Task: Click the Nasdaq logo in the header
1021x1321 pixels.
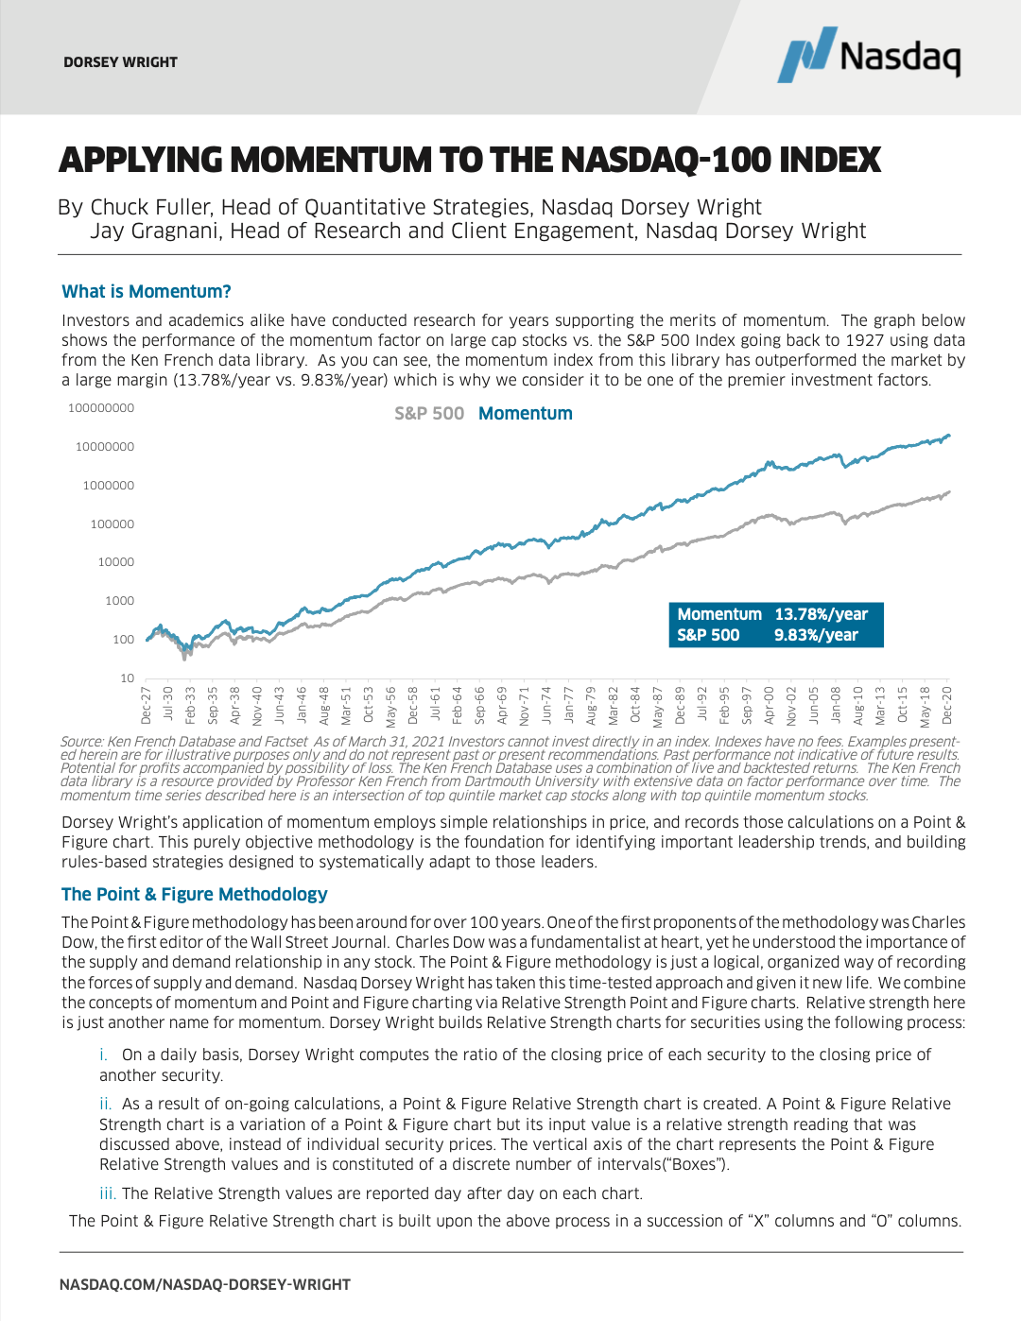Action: [x=868, y=55]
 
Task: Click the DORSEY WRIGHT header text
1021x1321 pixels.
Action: [x=120, y=62]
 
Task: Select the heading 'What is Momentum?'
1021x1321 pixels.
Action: [x=147, y=292]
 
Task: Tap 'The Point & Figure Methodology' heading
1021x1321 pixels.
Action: [x=194, y=895]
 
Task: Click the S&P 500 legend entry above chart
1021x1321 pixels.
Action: [x=429, y=414]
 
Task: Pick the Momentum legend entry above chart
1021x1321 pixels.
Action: [x=526, y=414]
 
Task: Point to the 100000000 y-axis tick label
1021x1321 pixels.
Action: [x=101, y=408]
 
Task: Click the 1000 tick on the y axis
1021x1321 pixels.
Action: [x=120, y=601]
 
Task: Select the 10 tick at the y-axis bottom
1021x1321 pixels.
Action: [x=128, y=678]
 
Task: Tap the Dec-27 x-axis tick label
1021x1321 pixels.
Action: [x=147, y=706]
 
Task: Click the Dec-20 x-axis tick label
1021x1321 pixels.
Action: [x=947, y=706]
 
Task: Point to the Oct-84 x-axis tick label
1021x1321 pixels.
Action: [x=635, y=706]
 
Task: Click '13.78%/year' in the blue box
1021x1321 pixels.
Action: [x=821, y=614]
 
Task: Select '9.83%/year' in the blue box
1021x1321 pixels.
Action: [x=816, y=635]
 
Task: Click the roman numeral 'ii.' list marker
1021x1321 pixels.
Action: [x=106, y=1104]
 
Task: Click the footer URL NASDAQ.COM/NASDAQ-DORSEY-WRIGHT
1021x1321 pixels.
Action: [x=205, y=1285]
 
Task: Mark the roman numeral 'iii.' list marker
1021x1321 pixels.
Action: [x=108, y=1193]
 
